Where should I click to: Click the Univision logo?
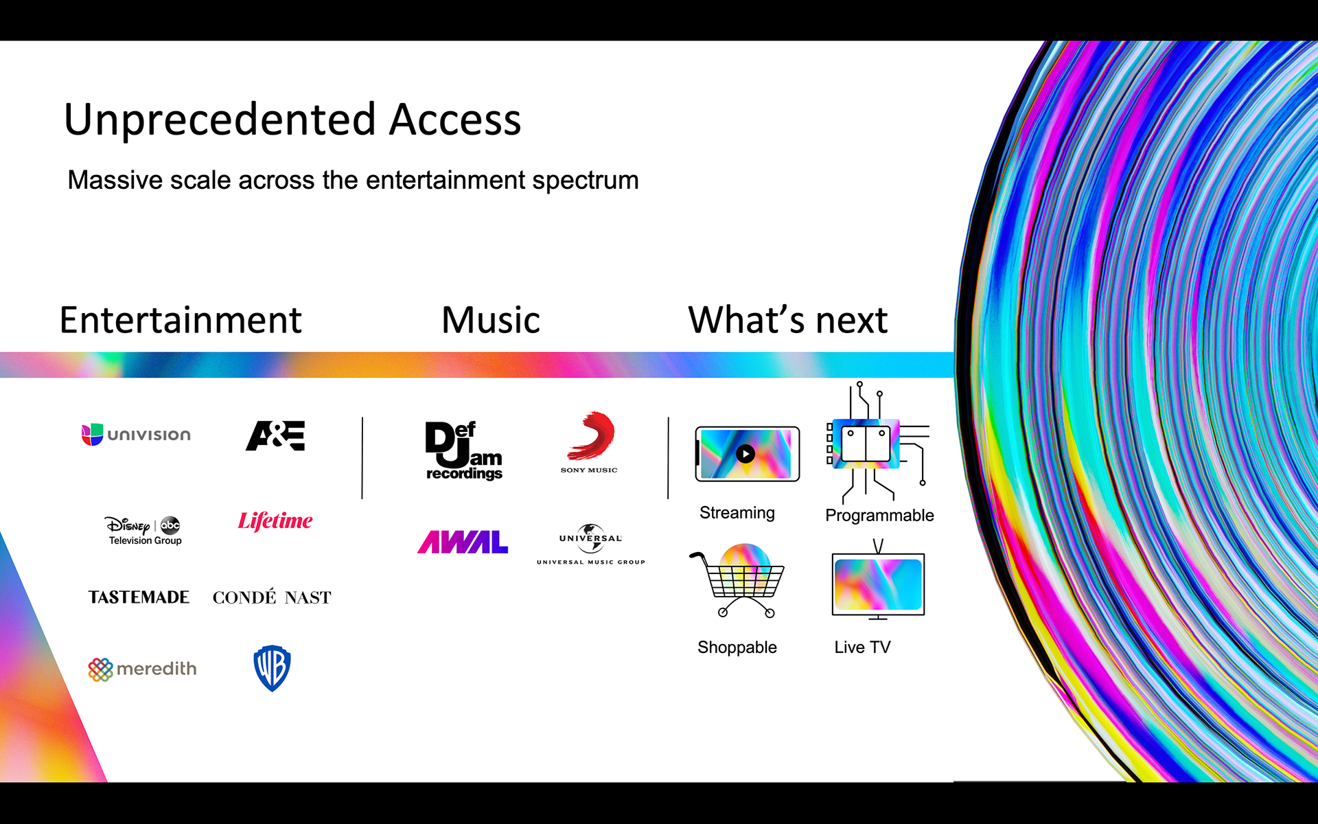[x=136, y=435]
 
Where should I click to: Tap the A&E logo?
[x=275, y=435]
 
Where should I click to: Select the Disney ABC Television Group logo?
[x=143, y=530]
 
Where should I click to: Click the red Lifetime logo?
[x=275, y=521]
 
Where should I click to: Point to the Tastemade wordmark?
[x=139, y=597]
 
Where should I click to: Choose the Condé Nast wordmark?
[x=272, y=597]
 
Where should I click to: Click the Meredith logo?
[x=142, y=669]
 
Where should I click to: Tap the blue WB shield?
[x=272, y=667]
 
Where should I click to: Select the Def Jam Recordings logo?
[x=464, y=450]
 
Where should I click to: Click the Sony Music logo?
[x=590, y=442]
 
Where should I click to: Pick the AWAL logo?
[x=463, y=542]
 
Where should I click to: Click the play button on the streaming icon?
[x=745, y=453]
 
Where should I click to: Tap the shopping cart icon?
[x=739, y=583]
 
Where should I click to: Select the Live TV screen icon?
[x=878, y=584]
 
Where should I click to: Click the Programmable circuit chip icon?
[x=866, y=444]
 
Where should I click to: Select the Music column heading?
[x=491, y=320]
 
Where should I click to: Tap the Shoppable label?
[x=737, y=647]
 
